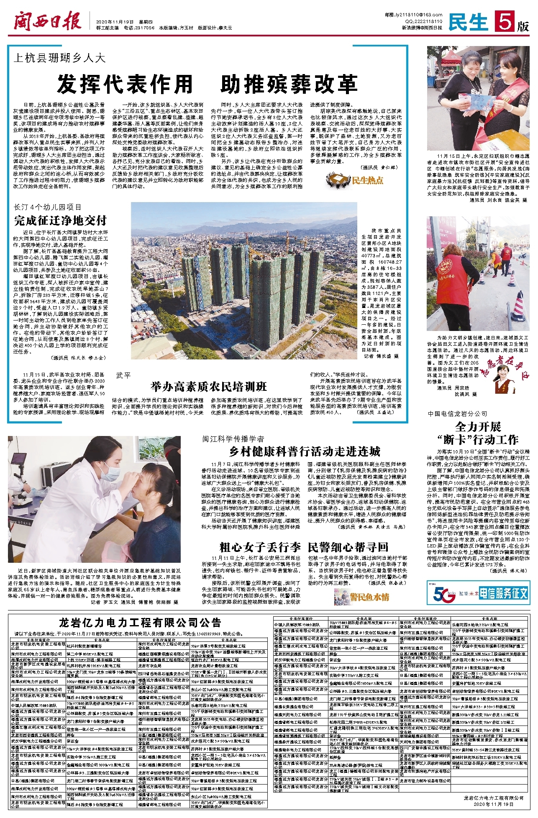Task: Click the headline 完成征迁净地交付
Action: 60,220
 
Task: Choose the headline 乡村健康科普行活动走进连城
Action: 305,451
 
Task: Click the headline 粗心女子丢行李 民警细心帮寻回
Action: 304,547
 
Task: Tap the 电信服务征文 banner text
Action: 503,593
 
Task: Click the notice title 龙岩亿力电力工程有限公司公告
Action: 140,623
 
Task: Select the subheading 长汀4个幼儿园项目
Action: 47,208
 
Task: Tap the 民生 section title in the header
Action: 468,22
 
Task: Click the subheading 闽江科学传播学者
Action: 233,439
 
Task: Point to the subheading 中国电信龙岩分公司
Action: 457,414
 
